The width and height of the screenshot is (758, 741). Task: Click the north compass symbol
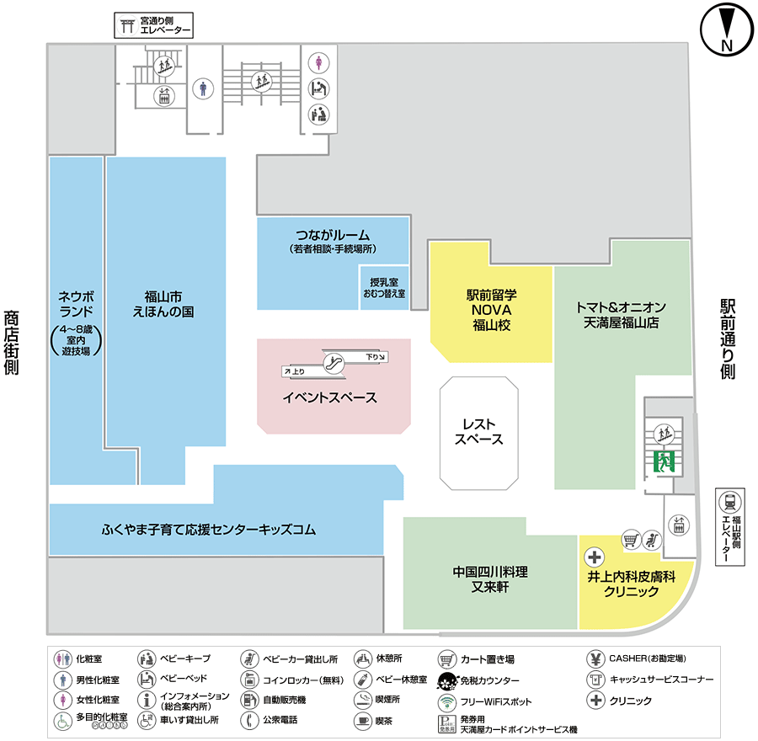click(727, 30)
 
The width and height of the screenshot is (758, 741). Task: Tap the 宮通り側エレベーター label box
click(154, 25)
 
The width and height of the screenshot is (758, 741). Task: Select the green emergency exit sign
click(664, 461)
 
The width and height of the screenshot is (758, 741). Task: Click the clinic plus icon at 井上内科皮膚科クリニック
click(594, 557)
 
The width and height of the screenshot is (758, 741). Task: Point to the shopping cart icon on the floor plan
click(631, 540)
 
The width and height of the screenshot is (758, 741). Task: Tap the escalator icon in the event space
click(334, 363)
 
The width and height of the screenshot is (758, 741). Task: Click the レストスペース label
click(478, 432)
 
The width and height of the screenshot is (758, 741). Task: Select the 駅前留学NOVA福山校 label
click(491, 310)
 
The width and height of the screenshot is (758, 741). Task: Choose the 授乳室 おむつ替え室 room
click(384, 287)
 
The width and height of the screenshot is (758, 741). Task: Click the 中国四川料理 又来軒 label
click(490, 579)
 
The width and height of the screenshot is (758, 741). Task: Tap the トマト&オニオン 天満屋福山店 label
click(621, 315)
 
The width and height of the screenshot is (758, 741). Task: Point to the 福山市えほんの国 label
click(163, 304)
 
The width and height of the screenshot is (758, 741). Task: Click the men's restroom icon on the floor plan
click(203, 89)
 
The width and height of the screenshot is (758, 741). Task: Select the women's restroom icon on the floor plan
click(318, 63)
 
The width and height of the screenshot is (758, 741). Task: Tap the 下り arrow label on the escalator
click(375, 357)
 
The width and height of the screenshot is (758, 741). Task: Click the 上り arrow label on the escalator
click(295, 371)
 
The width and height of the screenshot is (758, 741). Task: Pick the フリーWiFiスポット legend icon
click(447, 701)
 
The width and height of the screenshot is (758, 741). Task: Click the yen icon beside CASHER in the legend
click(596, 658)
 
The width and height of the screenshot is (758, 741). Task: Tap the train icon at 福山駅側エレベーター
click(729, 502)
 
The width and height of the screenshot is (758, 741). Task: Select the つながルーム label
click(333, 236)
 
